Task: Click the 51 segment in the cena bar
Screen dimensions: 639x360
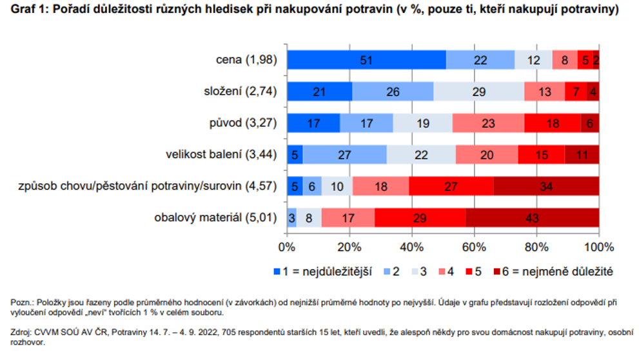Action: point(366,60)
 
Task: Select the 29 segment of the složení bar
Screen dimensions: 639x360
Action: point(479,92)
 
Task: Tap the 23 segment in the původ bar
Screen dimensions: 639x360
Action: point(488,123)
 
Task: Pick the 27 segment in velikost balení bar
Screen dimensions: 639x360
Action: point(345,155)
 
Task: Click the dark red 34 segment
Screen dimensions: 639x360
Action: point(546,186)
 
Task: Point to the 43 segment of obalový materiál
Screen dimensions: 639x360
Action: point(532,217)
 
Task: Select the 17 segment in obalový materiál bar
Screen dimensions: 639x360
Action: point(348,217)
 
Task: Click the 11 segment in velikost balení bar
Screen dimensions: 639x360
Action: point(582,155)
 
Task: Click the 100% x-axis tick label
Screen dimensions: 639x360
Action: point(598,247)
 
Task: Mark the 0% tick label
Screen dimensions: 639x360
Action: point(287,247)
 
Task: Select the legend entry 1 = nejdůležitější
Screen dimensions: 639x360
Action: point(323,272)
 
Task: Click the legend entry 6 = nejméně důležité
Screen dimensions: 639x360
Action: point(553,272)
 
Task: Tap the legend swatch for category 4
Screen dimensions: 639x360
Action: point(442,272)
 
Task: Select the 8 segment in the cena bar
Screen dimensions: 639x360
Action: point(565,60)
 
